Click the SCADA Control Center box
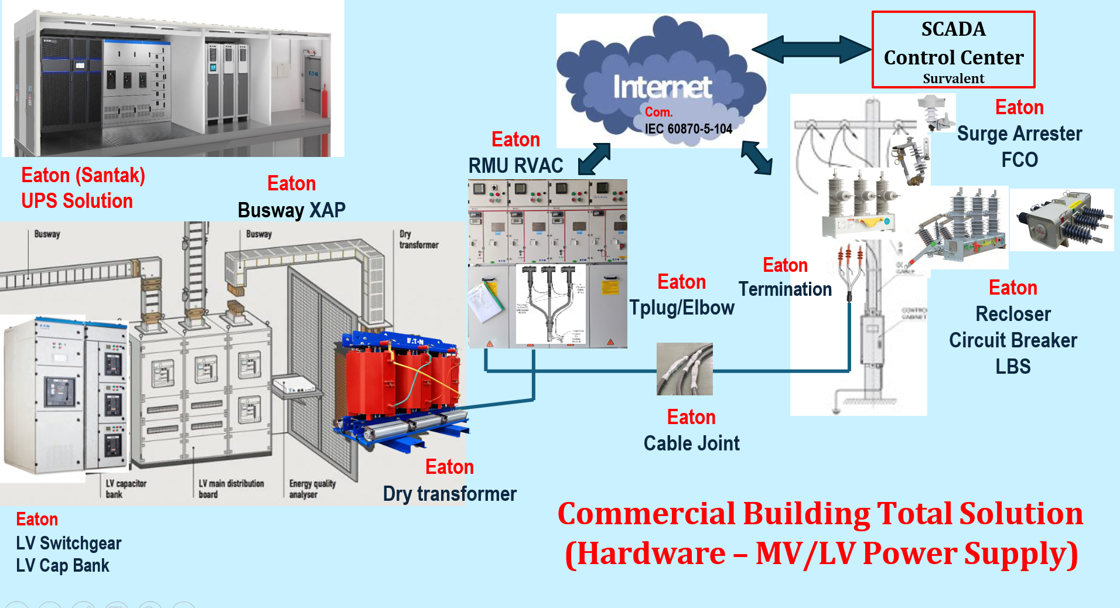point(953,50)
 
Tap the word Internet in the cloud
point(662,87)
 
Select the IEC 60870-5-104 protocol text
point(688,129)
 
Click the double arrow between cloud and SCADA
point(811,49)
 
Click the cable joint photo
point(684,369)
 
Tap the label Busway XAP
point(291,210)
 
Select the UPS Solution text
point(77,201)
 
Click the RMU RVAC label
point(515,166)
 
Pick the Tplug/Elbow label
point(681,308)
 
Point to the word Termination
point(785,289)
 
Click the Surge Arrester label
point(1019,134)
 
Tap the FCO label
point(1019,159)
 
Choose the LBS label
point(1013,366)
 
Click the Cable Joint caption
point(691,443)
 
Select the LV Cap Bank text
point(63,565)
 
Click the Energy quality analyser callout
point(312,489)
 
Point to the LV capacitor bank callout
point(125,489)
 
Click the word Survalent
point(953,78)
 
